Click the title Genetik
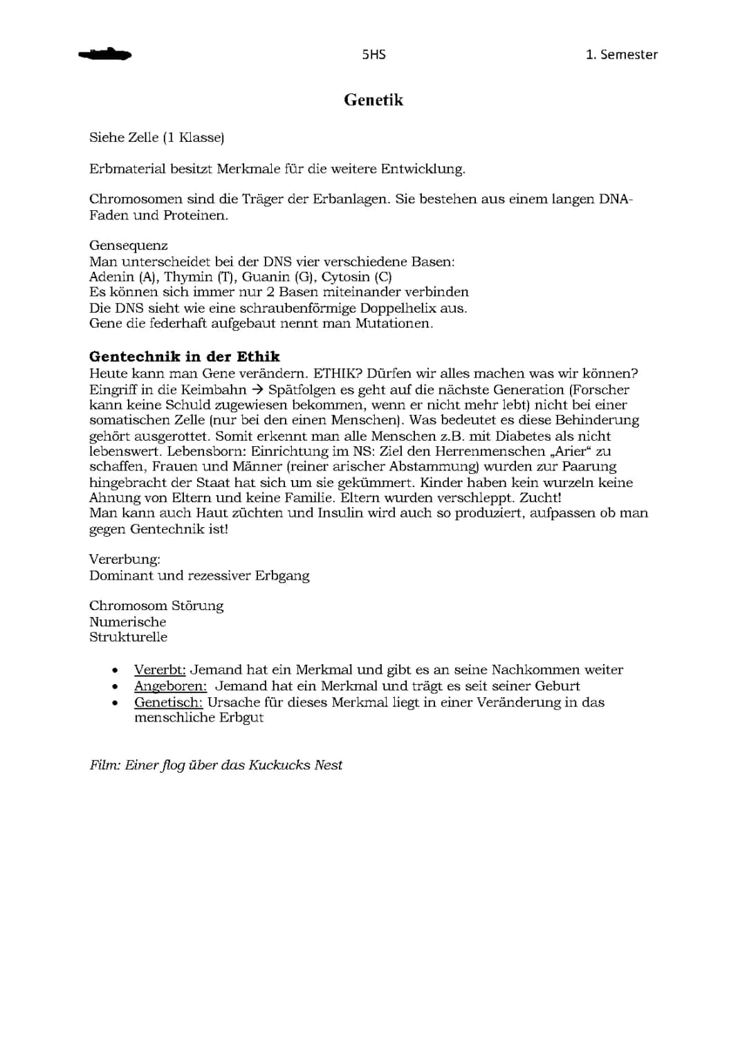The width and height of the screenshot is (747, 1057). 373,100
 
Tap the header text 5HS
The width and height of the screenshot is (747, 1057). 373,55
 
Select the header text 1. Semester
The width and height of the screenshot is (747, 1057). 621,55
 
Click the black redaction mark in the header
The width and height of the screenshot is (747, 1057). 105,55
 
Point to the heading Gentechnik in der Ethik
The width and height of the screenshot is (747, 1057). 185,357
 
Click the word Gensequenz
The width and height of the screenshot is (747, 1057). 129,246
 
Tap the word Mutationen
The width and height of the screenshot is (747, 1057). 394,324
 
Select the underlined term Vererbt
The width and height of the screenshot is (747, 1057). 160,670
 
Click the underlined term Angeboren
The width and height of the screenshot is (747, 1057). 170,686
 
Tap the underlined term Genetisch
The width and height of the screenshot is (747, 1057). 168,702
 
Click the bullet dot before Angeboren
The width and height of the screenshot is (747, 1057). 115,687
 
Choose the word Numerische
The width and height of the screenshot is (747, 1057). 128,622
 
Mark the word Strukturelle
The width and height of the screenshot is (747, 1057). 128,637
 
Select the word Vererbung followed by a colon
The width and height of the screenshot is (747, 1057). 124,559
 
